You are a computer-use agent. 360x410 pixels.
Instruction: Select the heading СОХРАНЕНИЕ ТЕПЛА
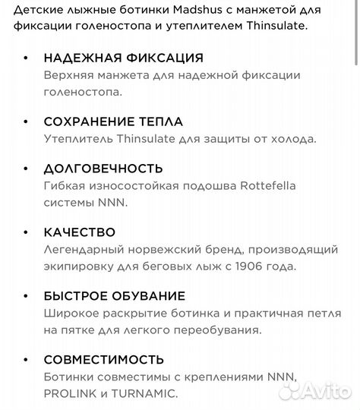click(113, 121)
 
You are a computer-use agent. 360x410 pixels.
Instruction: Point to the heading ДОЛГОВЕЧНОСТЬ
click(103, 168)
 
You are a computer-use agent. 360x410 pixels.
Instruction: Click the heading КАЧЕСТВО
click(80, 232)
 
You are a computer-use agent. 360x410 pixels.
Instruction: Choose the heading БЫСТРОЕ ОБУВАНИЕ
click(114, 295)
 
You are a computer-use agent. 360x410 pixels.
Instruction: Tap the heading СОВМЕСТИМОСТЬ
click(103, 358)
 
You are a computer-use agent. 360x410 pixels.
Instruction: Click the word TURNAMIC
click(145, 393)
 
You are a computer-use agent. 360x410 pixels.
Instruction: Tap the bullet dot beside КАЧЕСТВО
click(27, 232)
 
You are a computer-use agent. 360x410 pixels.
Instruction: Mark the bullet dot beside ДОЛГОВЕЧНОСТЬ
click(27, 169)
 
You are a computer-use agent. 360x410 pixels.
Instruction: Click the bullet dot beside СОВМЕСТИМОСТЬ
click(27, 359)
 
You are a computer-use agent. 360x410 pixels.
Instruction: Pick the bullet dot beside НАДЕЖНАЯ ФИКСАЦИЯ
click(27, 59)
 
